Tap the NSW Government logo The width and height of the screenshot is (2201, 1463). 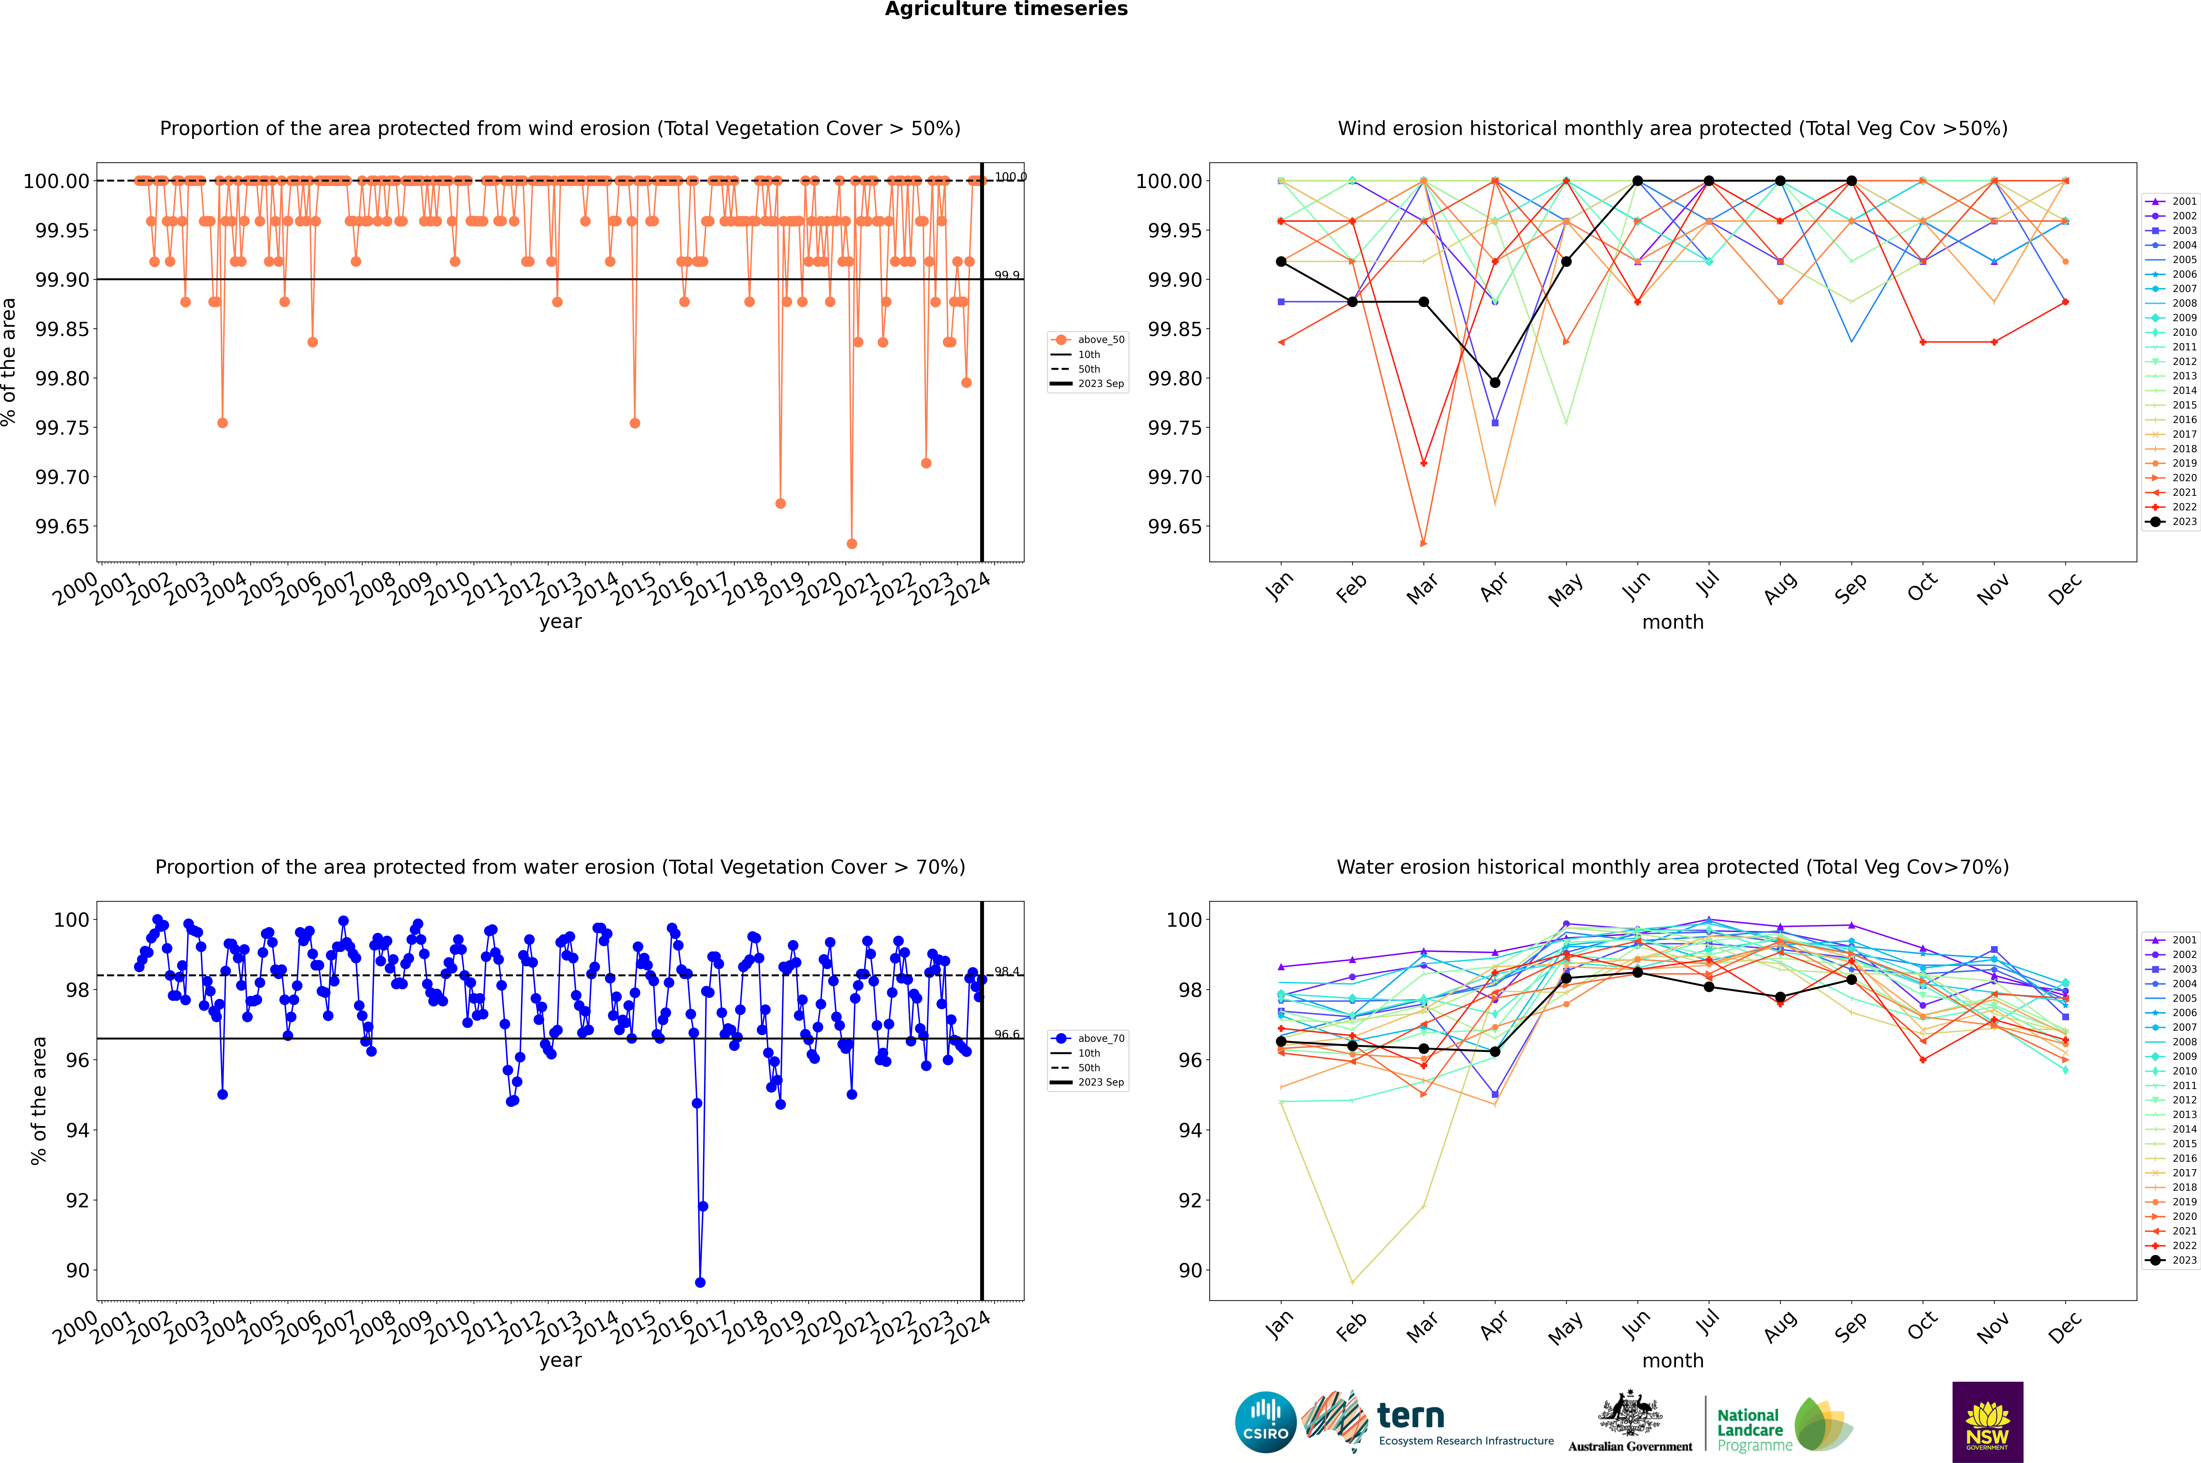pyautogui.click(x=1987, y=1422)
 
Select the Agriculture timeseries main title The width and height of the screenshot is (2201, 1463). pyautogui.click(x=1006, y=9)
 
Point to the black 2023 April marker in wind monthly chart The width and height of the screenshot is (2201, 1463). pyautogui.click(x=1495, y=383)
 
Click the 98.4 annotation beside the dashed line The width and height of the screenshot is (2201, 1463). pyautogui.click(x=1007, y=971)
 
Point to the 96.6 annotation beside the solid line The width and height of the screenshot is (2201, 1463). pyautogui.click(x=1007, y=1034)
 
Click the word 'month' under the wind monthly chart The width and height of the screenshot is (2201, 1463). pyautogui.click(x=1672, y=622)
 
